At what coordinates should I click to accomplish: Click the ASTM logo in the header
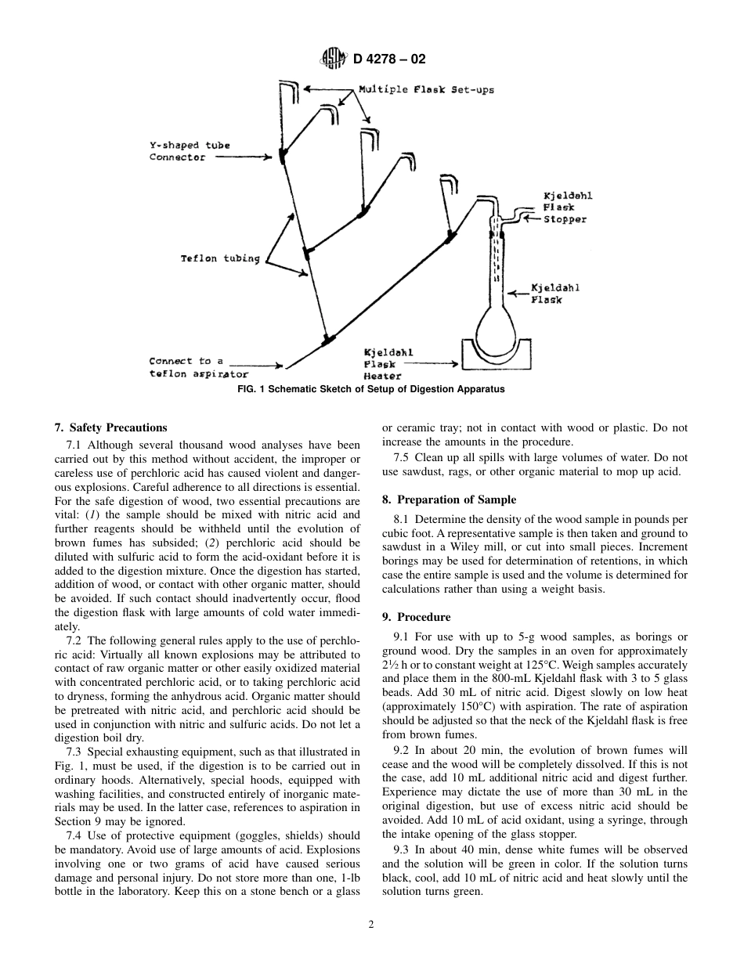point(331,59)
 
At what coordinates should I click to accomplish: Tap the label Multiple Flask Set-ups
point(426,90)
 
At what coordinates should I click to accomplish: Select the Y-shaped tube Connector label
point(190,151)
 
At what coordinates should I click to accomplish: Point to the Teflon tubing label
point(220,259)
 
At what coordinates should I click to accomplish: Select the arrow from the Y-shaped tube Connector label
point(243,157)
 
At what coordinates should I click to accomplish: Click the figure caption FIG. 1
point(371,389)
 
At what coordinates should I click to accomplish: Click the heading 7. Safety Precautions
point(110,427)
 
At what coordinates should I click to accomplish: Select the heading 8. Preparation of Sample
point(449,500)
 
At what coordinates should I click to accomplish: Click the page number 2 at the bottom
point(371,925)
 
